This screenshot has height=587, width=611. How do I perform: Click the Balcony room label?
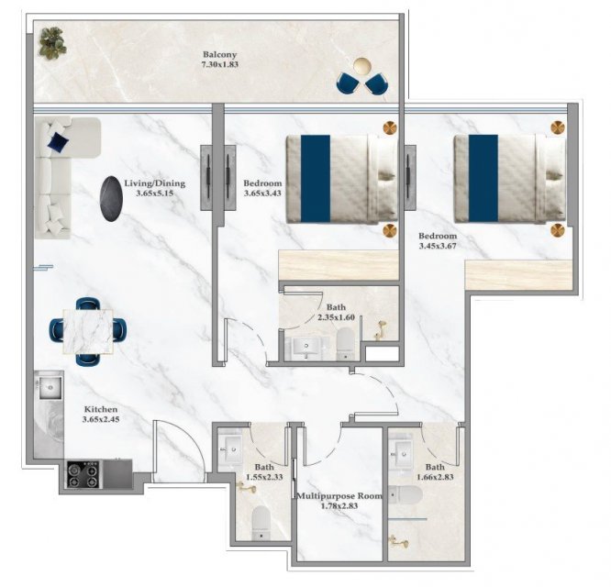coord(219,55)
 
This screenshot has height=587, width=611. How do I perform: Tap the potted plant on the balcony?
coord(52,43)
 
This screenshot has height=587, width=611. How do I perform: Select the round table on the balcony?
coord(362,66)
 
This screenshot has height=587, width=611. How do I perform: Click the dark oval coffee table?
coord(111,199)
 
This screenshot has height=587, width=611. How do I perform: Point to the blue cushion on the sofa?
coord(58,141)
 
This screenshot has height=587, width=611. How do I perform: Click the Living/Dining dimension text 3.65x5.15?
coord(155,194)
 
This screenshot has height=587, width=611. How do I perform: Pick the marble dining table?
coord(88,331)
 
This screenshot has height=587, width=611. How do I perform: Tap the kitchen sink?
coord(50,388)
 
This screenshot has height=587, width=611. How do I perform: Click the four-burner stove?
coord(83,474)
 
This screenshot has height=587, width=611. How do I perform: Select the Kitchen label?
coord(101,409)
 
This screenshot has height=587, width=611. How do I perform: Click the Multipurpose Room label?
coord(339,496)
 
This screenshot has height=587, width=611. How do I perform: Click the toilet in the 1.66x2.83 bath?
coord(405,494)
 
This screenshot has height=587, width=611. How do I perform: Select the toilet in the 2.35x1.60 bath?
coord(344,344)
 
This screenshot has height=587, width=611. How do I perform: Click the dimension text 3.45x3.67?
coord(438,246)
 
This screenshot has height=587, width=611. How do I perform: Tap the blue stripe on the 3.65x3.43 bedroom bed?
coord(316,179)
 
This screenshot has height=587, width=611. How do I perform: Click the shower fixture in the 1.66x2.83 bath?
coord(398,541)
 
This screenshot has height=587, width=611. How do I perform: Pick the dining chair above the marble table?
coord(88,304)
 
